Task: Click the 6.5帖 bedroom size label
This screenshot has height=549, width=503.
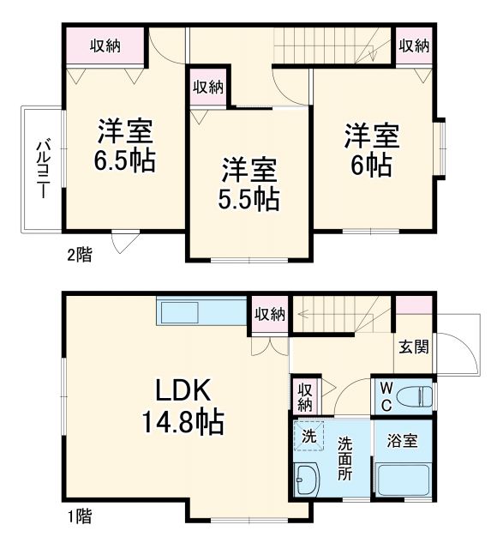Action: click(125, 160)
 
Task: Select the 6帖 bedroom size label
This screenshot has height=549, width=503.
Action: click(372, 162)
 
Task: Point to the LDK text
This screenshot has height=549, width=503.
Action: click(183, 391)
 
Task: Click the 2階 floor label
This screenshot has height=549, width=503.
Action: click(80, 254)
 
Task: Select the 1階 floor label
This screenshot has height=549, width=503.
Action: click(80, 516)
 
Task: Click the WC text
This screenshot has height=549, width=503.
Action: click(386, 395)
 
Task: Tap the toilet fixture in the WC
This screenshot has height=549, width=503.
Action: click(416, 395)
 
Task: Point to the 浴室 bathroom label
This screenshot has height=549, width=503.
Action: click(401, 441)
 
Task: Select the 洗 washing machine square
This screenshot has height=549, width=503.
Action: click(308, 436)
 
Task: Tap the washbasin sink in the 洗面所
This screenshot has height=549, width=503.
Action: click(306, 481)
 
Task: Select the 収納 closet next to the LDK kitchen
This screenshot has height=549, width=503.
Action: click(269, 314)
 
